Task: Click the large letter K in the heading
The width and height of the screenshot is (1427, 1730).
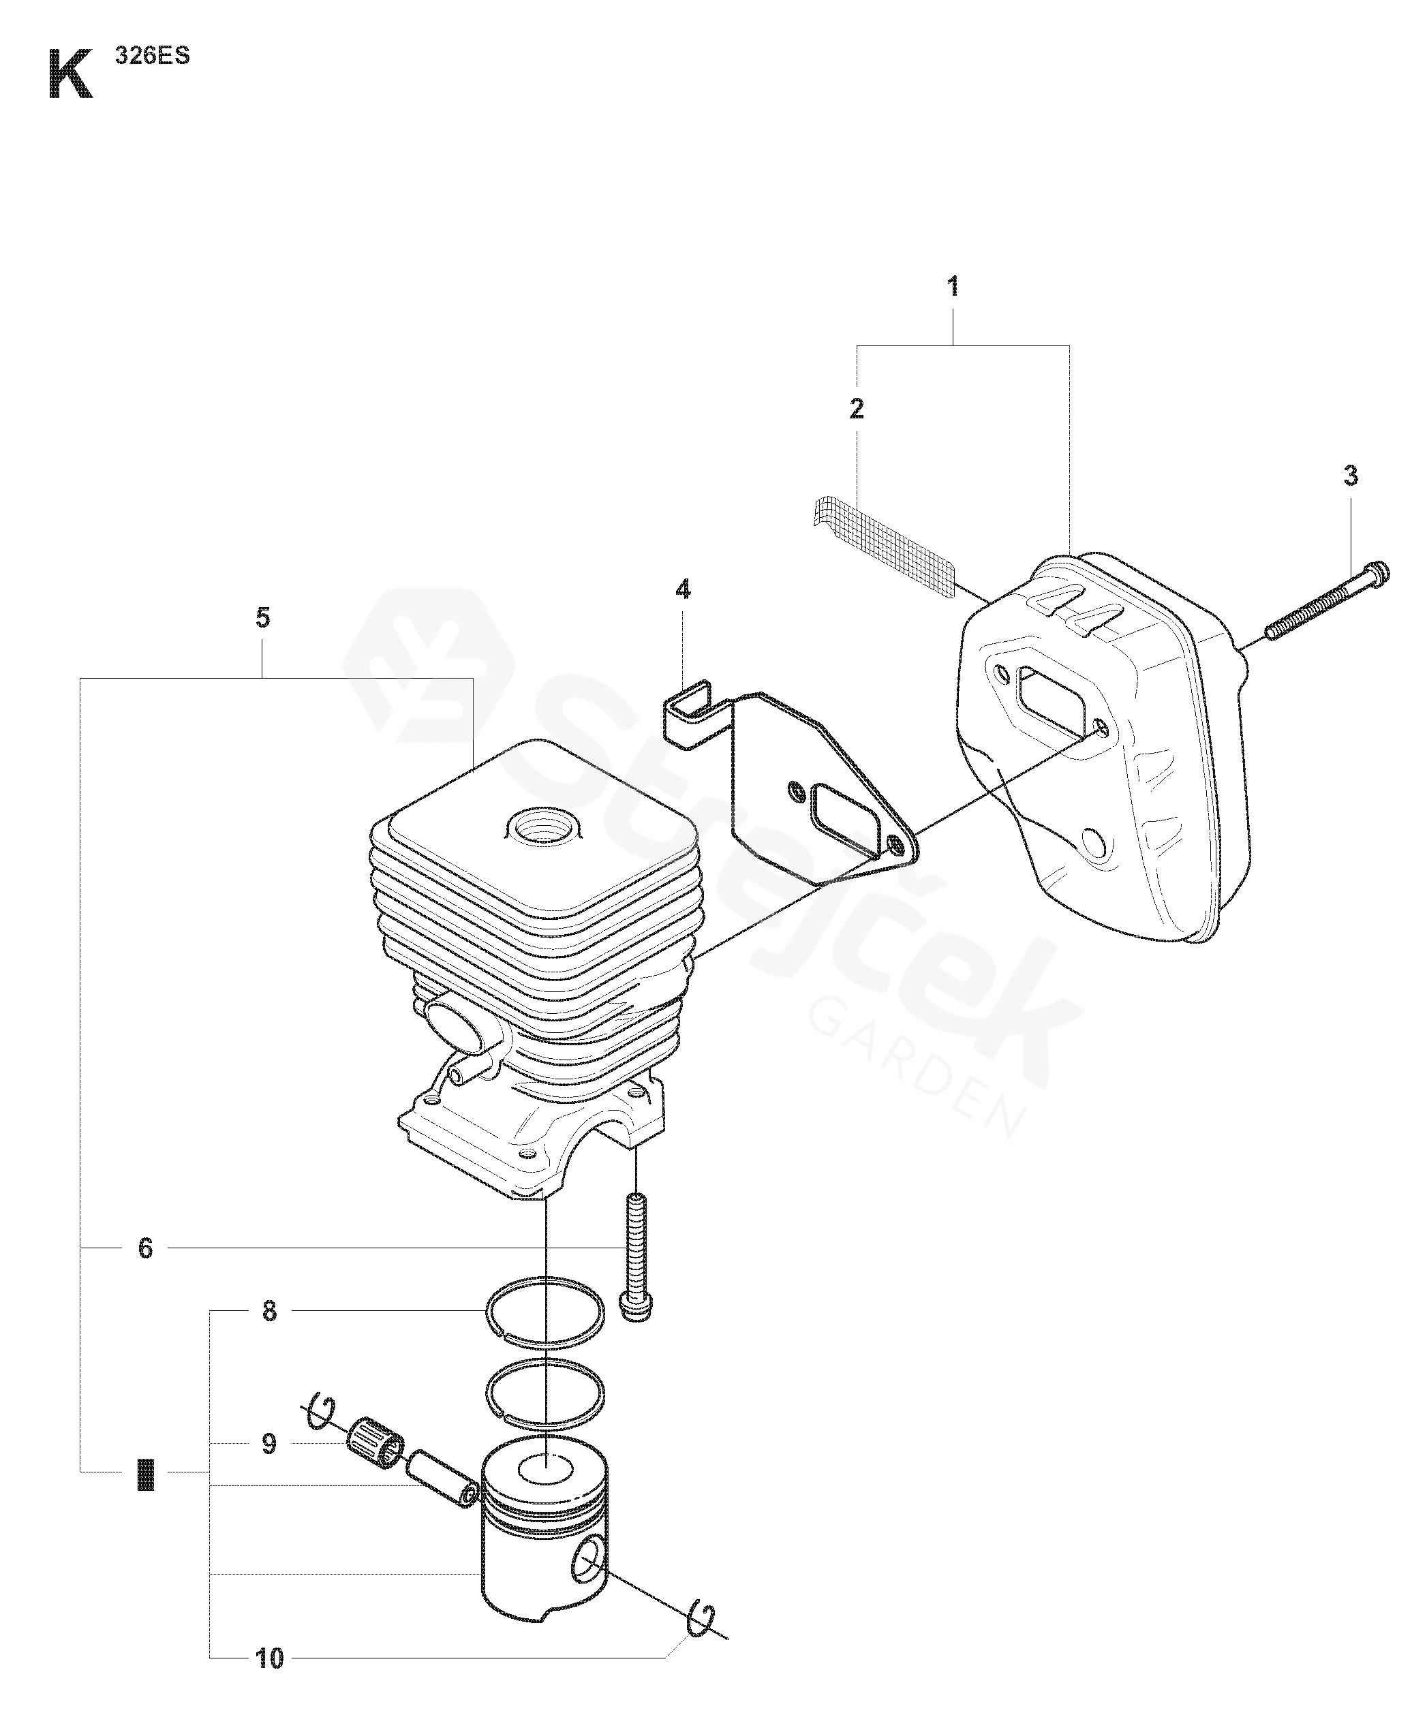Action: click(70, 75)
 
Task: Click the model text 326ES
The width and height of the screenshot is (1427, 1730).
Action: click(153, 57)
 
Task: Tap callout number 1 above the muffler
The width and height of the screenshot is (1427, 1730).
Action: click(953, 287)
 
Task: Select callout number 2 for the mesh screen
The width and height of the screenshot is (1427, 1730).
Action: click(857, 408)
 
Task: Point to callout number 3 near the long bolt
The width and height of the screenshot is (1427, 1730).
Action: click(1351, 475)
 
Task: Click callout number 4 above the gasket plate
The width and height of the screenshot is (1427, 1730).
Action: click(683, 589)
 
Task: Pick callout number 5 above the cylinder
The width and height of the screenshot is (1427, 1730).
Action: click(262, 617)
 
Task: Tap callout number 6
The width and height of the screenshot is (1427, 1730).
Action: click(146, 1248)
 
